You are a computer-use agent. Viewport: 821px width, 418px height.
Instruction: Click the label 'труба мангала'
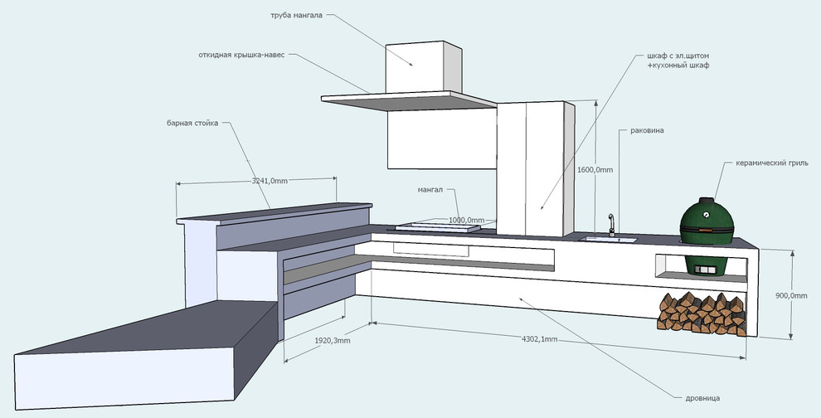click(296, 16)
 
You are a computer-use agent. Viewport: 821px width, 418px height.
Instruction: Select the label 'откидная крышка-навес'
click(241, 56)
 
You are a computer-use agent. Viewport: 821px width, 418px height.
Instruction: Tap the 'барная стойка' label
click(192, 123)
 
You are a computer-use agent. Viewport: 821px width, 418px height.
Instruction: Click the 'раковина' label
click(647, 130)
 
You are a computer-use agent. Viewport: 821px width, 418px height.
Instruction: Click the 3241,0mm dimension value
click(270, 180)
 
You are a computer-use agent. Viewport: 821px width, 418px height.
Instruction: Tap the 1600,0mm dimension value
click(595, 169)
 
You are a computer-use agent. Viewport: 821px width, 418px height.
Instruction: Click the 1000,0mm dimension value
click(466, 220)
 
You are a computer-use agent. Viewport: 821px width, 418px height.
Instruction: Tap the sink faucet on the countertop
click(611, 223)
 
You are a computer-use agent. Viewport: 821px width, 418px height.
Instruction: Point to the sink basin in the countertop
click(609, 240)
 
